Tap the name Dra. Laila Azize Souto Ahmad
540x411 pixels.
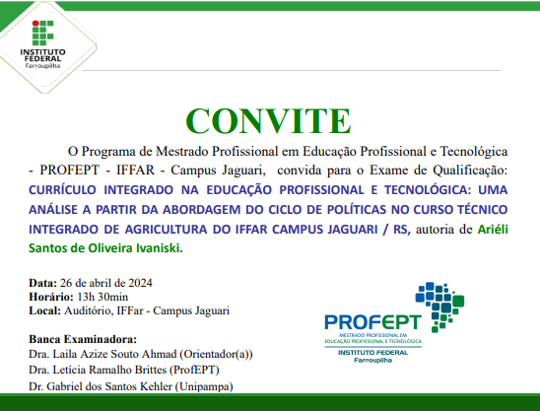110,353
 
